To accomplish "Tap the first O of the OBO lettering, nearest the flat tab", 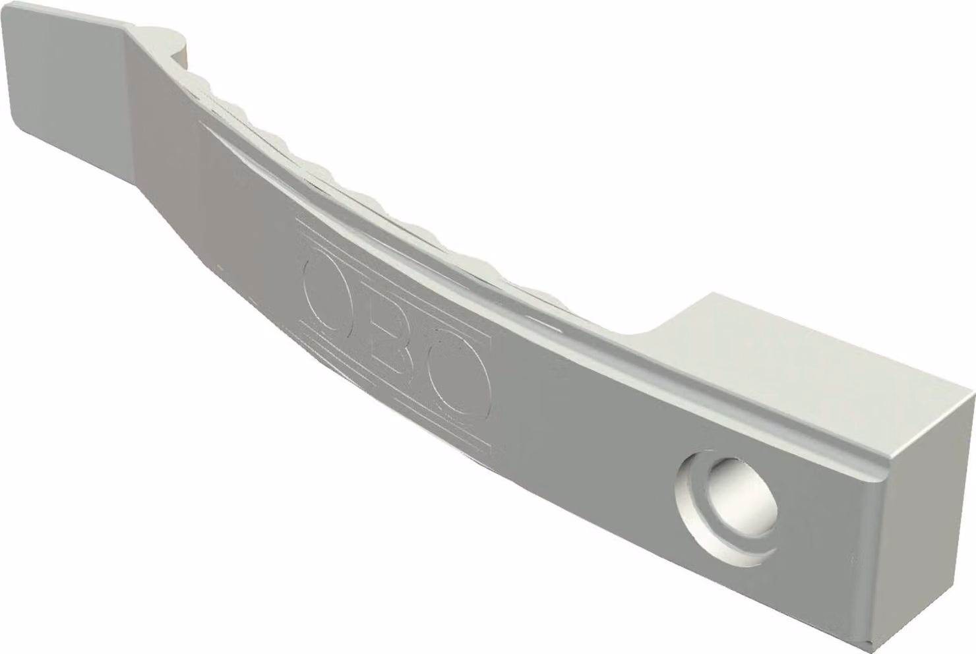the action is [323, 293].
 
